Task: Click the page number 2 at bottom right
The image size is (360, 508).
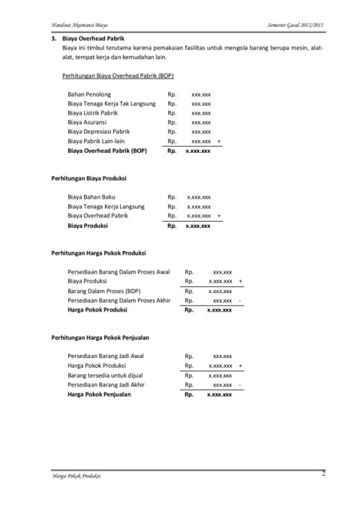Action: (x=323, y=474)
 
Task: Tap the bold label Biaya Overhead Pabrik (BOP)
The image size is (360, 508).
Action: (x=107, y=150)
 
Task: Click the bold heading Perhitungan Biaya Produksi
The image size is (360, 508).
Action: (x=87, y=179)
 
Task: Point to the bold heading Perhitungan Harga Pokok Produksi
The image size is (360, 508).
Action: (x=97, y=253)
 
